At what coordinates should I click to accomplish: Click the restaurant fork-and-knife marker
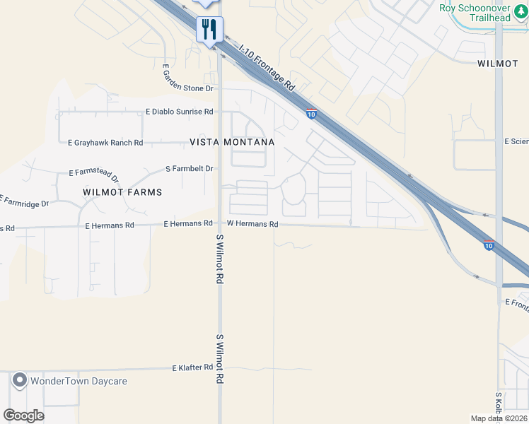click(210, 30)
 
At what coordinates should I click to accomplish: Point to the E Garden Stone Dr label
click(187, 78)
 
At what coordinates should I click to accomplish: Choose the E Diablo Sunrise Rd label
click(179, 112)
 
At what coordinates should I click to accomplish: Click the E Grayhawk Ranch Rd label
click(105, 143)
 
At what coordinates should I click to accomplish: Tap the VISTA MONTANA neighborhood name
click(232, 142)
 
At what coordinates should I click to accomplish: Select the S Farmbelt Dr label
click(189, 169)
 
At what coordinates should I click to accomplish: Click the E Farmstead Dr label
click(95, 174)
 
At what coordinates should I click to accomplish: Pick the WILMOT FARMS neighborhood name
click(122, 192)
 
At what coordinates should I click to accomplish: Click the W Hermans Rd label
click(252, 224)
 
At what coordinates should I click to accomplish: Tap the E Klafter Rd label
click(192, 368)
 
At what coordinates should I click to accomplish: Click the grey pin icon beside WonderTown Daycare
click(20, 381)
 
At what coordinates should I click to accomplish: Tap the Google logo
click(24, 416)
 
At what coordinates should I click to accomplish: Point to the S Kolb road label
click(499, 405)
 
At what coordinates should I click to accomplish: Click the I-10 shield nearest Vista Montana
click(311, 113)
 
